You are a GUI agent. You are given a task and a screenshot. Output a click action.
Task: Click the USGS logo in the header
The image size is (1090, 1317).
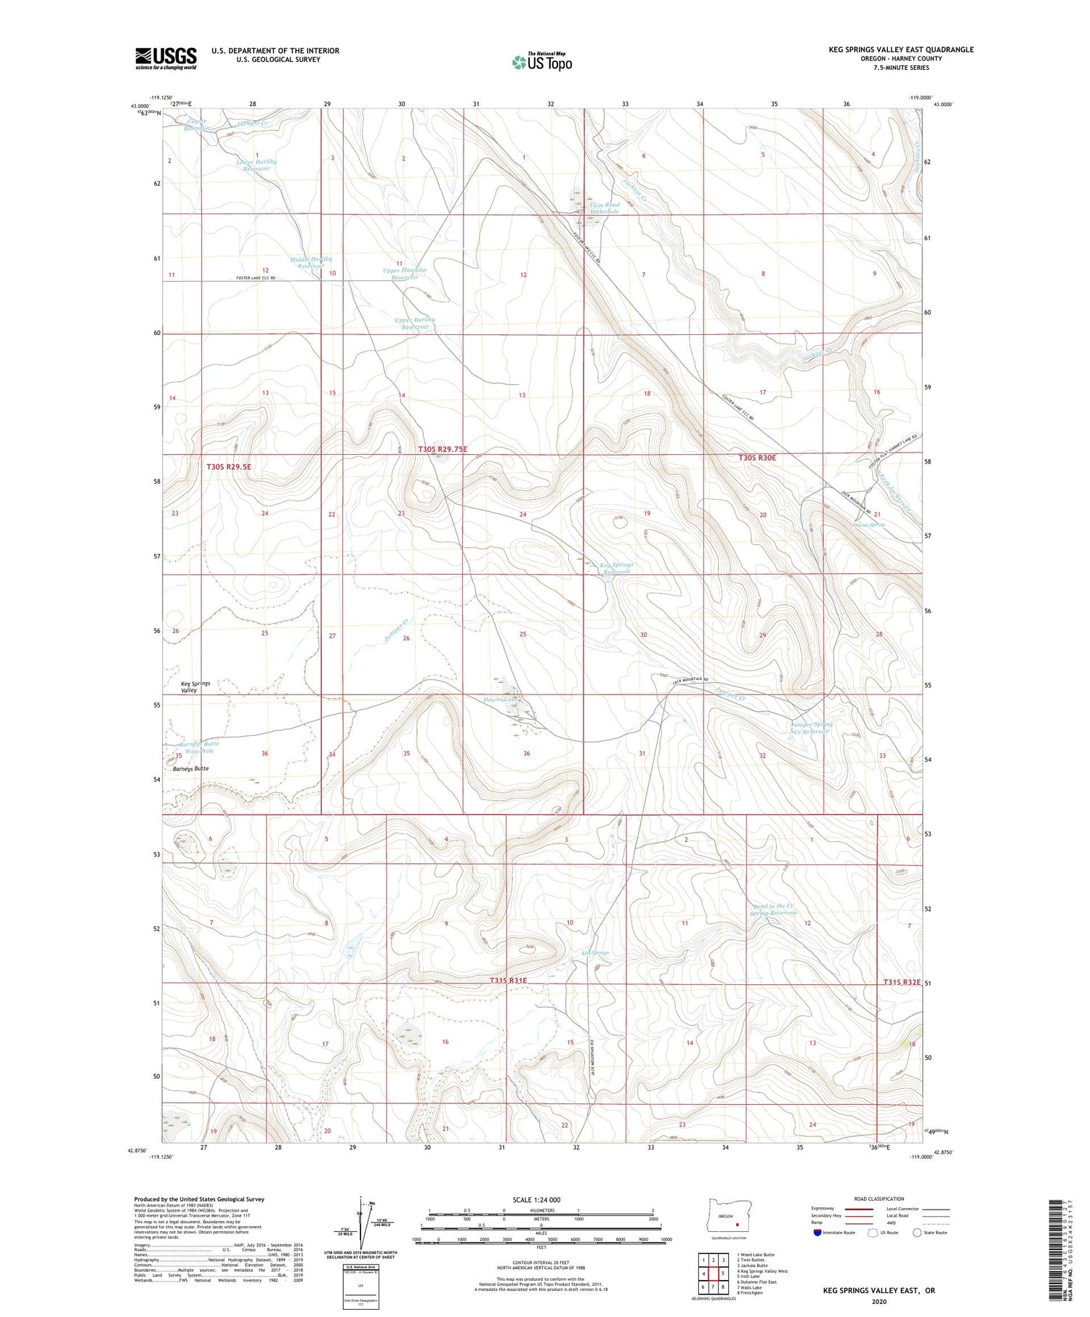tap(166, 58)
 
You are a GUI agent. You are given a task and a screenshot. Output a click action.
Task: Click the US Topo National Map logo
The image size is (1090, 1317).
tap(541, 62)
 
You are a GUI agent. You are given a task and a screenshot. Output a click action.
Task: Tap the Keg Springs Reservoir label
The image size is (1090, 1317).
tap(615, 568)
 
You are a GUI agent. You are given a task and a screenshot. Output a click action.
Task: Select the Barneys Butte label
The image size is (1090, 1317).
tap(191, 768)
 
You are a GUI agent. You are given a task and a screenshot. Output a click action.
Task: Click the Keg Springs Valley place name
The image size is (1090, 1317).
tap(195, 686)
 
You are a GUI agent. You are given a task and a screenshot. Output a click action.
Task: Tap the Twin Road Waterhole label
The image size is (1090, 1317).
tap(603, 208)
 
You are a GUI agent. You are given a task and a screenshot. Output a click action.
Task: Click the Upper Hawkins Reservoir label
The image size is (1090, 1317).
tap(405, 273)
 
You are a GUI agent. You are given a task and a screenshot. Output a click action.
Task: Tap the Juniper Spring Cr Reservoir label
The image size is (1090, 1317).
tap(810, 727)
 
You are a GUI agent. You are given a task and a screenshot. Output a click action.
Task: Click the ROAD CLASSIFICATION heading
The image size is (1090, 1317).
tap(879, 1199)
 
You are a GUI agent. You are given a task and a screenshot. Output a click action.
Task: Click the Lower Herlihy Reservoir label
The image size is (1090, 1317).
tap(257, 165)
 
